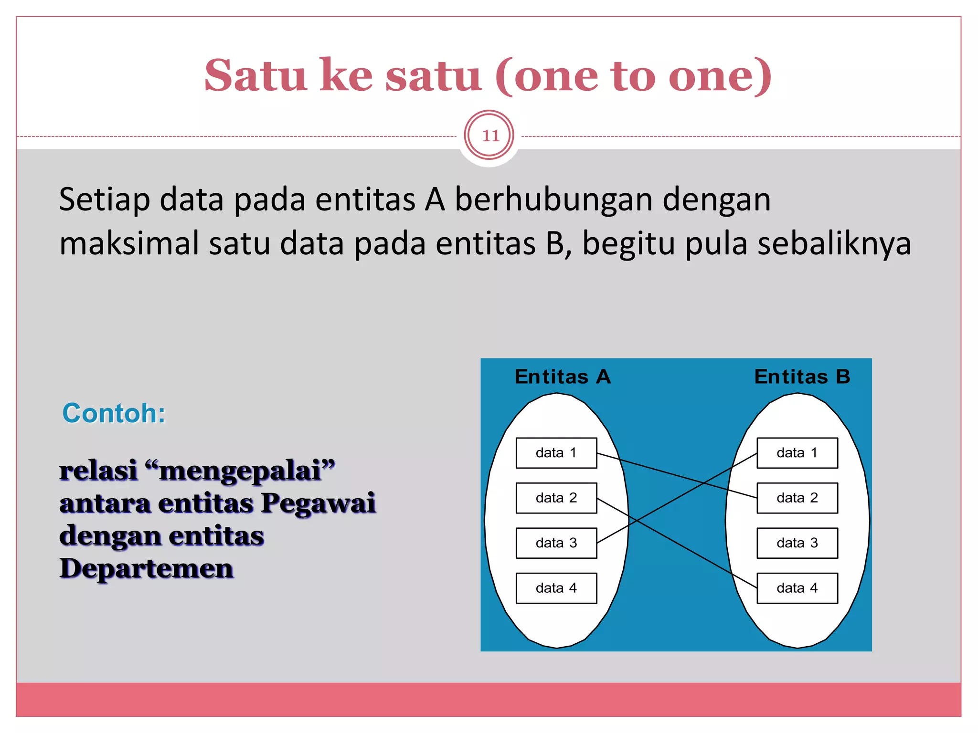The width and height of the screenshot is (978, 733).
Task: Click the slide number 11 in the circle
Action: [x=490, y=136]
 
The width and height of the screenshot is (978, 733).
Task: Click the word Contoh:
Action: [x=114, y=413]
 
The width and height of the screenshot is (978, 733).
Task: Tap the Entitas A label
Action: [x=563, y=377]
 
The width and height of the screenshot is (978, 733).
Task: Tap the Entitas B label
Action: [x=802, y=377]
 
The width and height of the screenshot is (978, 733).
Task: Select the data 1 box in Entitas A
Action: [x=556, y=453]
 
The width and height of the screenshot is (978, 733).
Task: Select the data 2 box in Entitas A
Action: [x=556, y=498]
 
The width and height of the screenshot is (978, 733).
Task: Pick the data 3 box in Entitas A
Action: [x=556, y=543]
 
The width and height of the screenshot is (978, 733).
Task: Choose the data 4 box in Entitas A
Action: [x=556, y=588]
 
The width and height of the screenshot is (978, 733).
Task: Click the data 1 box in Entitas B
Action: [x=797, y=453]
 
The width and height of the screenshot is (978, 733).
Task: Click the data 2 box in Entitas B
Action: [x=797, y=498]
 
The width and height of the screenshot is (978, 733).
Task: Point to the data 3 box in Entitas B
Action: [x=797, y=543]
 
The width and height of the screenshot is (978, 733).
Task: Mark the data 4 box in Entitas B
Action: [x=797, y=588]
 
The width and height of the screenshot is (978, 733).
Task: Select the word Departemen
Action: [x=147, y=569]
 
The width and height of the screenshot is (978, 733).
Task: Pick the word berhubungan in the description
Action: [x=553, y=199]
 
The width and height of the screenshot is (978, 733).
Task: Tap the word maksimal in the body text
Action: [x=129, y=243]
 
